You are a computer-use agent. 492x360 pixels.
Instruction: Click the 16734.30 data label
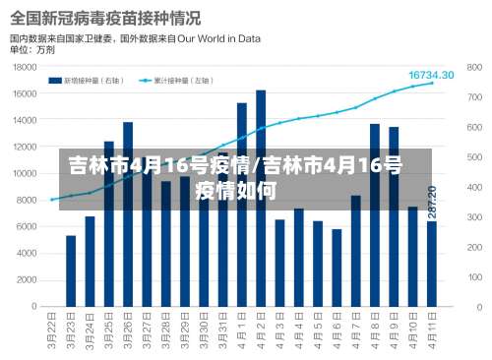click(x=431, y=75)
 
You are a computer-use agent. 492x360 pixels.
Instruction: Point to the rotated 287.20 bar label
click(x=432, y=203)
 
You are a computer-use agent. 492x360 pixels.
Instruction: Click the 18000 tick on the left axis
click(x=24, y=68)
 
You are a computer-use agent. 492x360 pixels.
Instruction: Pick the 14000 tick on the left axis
click(x=24, y=121)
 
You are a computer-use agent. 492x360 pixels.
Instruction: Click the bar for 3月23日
click(x=71, y=271)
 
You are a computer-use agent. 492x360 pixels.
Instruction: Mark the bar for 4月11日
click(x=432, y=265)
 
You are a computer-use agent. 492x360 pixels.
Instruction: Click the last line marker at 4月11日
click(x=432, y=84)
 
